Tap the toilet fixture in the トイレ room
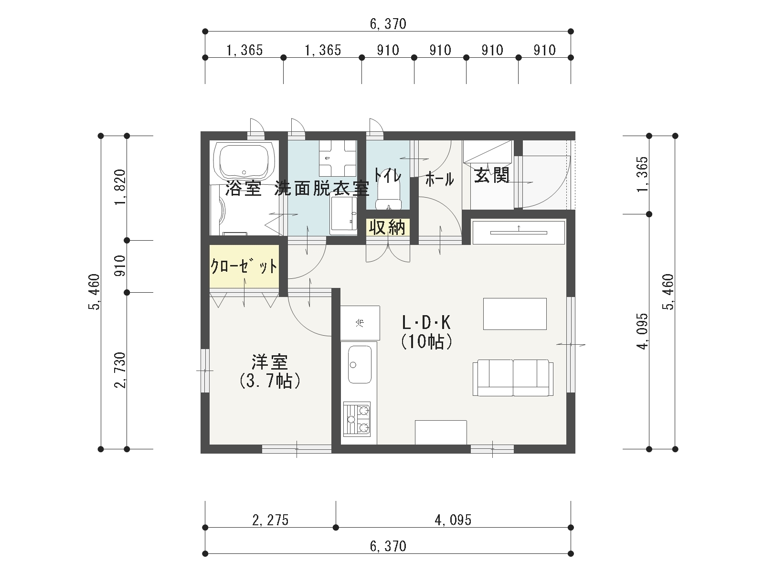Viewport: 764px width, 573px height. [388, 189]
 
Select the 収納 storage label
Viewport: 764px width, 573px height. [387, 227]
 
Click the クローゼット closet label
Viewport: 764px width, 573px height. [244, 266]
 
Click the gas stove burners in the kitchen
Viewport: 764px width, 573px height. [357, 419]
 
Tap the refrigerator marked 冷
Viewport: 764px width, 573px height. [360, 323]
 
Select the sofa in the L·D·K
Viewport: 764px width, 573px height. [513, 378]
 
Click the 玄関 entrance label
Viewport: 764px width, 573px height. [492, 175]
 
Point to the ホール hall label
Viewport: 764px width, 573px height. [440, 179]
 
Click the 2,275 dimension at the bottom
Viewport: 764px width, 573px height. [270, 520]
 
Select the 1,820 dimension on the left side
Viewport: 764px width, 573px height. [120, 187]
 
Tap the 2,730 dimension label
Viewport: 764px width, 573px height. [120, 370]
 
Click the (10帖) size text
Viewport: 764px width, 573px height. [427, 341]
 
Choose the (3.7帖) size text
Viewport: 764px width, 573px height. [270, 381]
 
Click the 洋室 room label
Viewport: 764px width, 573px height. [270, 362]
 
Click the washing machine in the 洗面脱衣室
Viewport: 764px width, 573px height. [338, 158]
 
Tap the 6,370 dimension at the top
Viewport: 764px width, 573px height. [388, 24]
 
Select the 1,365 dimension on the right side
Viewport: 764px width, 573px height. [643, 174]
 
